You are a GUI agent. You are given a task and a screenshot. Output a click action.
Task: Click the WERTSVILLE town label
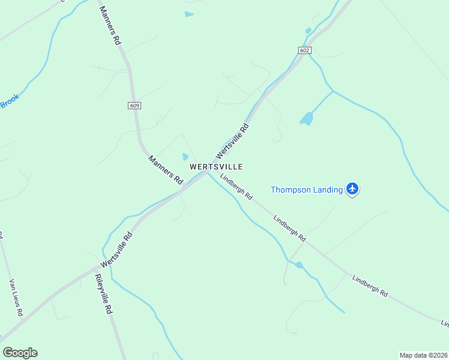coord(216,166)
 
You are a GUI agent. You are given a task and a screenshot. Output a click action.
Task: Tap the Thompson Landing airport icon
coord(352,190)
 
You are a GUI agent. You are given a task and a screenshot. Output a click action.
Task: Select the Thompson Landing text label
coord(306,190)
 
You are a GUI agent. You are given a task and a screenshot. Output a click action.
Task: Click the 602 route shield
coord(304,50)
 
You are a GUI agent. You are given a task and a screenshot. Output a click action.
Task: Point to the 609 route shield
coord(134,106)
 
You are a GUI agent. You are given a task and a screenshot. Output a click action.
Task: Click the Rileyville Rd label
coord(103,295)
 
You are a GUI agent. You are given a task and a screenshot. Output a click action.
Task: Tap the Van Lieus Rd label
coord(16,298)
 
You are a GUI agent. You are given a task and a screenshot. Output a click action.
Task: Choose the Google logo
coord(20,353)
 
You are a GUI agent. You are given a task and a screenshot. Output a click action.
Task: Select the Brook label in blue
coord(9,101)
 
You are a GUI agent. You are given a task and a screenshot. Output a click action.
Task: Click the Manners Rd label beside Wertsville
coord(165,169)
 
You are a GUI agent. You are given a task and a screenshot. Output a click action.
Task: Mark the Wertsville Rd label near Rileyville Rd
coord(116,250)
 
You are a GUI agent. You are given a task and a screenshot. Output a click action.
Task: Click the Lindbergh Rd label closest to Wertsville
coord(236,186)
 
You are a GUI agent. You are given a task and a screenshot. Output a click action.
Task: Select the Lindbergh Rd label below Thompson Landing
coord(289,228)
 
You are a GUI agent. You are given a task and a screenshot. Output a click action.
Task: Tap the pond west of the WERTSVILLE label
coord(185,157)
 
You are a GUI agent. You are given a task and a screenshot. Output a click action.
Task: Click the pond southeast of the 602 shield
coord(307,119)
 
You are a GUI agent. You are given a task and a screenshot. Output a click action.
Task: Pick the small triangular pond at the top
coord(189,14)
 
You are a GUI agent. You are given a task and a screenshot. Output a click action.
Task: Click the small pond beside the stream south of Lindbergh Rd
coord(299,265)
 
